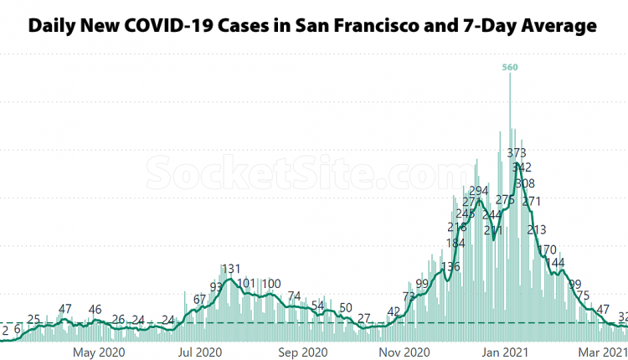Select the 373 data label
(x=517, y=152)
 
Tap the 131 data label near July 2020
(x=231, y=269)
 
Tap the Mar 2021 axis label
(x=605, y=352)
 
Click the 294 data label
(x=478, y=191)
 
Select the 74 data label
(x=294, y=296)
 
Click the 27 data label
(x=364, y=318)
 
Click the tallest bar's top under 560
(x=510, y=77)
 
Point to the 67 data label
(x=200, y=299)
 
